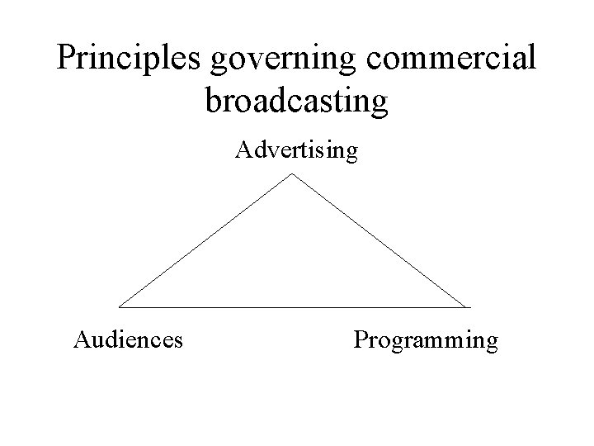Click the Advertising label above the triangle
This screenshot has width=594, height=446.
point(297,151)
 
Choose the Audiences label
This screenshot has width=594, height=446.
point(128,339)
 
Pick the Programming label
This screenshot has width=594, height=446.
point(426,340)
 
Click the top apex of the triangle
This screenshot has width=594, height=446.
point(293,173)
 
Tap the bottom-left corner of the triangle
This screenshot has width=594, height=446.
point(120,306)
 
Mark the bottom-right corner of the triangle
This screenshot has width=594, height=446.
point(469,306)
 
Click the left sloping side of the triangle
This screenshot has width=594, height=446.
point(206,240)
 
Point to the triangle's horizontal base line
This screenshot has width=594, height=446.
point(295,306)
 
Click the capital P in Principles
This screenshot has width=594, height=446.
point(66,57)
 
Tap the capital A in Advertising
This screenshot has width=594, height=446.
point(243,150)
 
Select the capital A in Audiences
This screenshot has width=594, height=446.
point(81,339)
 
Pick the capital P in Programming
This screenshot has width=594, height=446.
point(360,339)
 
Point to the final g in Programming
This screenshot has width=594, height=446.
point(492,342)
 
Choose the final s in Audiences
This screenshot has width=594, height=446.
point(178,340)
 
